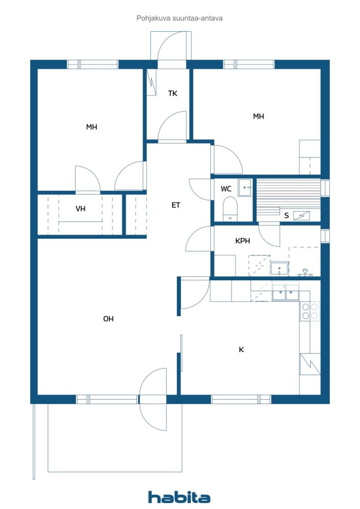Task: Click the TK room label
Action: click(173, 93)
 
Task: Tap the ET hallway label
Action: click(176, 205)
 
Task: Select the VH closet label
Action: click(81, 208)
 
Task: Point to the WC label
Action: click(226, 188)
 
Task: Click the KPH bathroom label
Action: click(243, 241)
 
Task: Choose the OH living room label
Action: click(108, 319)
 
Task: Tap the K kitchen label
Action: click(241, 349)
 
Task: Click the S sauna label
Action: click(286, 216)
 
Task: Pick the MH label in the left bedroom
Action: click(91, 127)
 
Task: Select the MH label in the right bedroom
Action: click(259, 116)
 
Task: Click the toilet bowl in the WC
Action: click(230, 209)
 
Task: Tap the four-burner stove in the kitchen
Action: click(310, 311)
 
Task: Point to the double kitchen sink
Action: click(285, 292)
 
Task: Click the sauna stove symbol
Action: click(301, 216)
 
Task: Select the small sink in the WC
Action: click(245, 187)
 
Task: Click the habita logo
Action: click(179, 497)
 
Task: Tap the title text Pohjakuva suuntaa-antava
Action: click(180, 18)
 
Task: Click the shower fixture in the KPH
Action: click(305, 272)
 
